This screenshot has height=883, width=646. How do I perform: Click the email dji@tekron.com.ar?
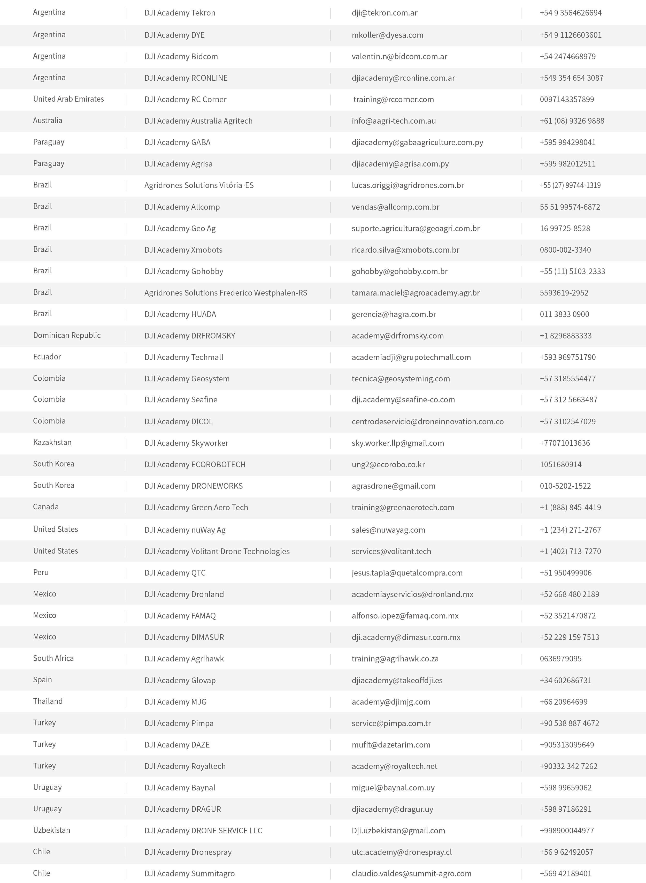pos(384,13)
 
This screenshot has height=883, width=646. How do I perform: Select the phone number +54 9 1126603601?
pos(571,35)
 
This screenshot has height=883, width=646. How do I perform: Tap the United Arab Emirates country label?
pos(68,99)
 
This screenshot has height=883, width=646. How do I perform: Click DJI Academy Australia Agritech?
pos(198,121)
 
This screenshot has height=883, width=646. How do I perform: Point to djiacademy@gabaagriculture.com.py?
pos(417,142)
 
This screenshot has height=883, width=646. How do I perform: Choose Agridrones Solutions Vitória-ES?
pos(199,185)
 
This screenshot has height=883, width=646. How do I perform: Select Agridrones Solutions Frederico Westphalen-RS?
pos(226,293)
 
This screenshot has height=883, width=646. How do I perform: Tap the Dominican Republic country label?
pos(67,335)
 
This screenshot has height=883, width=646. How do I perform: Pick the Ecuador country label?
pos(47,357)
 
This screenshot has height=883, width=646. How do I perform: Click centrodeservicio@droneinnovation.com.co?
pos(427,422)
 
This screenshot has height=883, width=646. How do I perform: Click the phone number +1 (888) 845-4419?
pos(570,507)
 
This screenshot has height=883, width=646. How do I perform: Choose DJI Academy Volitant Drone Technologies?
pos(217,552)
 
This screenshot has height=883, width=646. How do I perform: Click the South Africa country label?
pos(53,658)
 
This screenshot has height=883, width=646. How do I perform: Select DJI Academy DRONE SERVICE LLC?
pos(203,831)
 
